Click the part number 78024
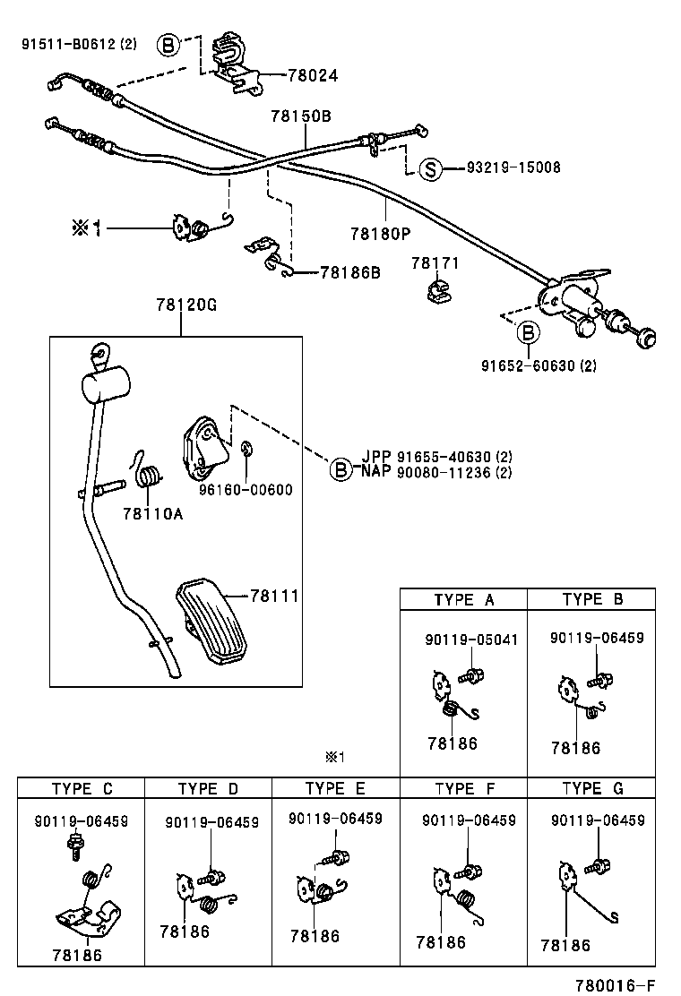[x=313, y=76]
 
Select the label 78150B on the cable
[x=301, y=116]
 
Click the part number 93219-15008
[x=513, y=167]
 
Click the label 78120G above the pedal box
[x=181, y=305]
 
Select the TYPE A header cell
[x=463, y=600]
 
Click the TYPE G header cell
[x=591, y=788]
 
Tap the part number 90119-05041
[x=470, y=640]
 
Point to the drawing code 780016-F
[x=629, y=984]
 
